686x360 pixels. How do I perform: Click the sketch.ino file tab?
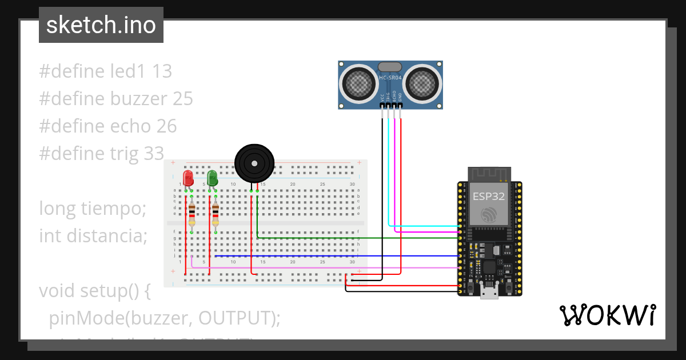point(101,25)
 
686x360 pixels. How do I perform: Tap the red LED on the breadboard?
point(188,178)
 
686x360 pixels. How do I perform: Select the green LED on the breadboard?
point(212,178)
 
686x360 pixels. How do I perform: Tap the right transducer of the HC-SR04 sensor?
point(423,84)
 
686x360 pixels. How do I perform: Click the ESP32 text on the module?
point(488,197)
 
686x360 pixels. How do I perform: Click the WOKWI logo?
point(607,315)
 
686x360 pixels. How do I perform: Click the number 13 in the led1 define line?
point(162,71)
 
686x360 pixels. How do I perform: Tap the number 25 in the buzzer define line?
point(183,99)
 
